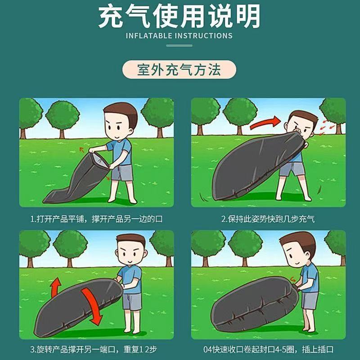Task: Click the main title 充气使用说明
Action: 179,16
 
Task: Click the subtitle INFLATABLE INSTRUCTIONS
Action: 179,36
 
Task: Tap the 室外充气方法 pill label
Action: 179,70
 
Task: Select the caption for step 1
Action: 96,219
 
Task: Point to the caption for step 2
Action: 268,219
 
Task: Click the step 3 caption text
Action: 94,349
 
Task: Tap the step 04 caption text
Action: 268,349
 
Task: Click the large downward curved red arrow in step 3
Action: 92,306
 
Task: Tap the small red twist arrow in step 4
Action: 293,279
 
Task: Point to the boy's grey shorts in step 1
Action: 122,173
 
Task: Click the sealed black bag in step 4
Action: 254,303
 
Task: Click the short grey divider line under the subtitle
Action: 179,46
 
